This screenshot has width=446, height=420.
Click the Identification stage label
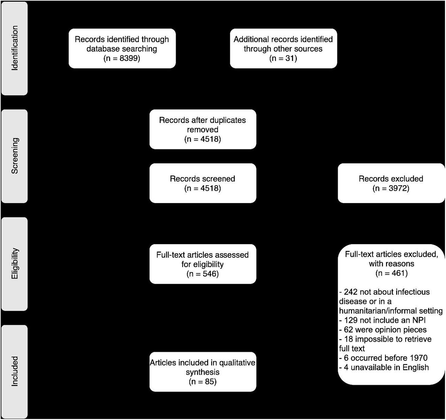click(x=15, y=48)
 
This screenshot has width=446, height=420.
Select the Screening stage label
click(x=15, y=156)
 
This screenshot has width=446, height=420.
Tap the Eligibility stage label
click(x=15, y=264)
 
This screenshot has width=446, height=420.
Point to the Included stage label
click(x=15, y=371)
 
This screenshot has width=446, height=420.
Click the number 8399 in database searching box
click(x=129, y=59)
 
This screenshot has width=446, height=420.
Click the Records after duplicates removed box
click(x=203, y=129)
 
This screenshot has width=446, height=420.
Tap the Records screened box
click(x=203, y=183)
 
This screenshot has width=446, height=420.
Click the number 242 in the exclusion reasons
click(x=350, y=292)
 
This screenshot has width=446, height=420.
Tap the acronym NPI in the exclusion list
click(x=419, y=320)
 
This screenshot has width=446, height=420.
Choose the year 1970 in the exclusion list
click(x=419, y=358)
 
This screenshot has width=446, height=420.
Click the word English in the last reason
click(x=416, y=367)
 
